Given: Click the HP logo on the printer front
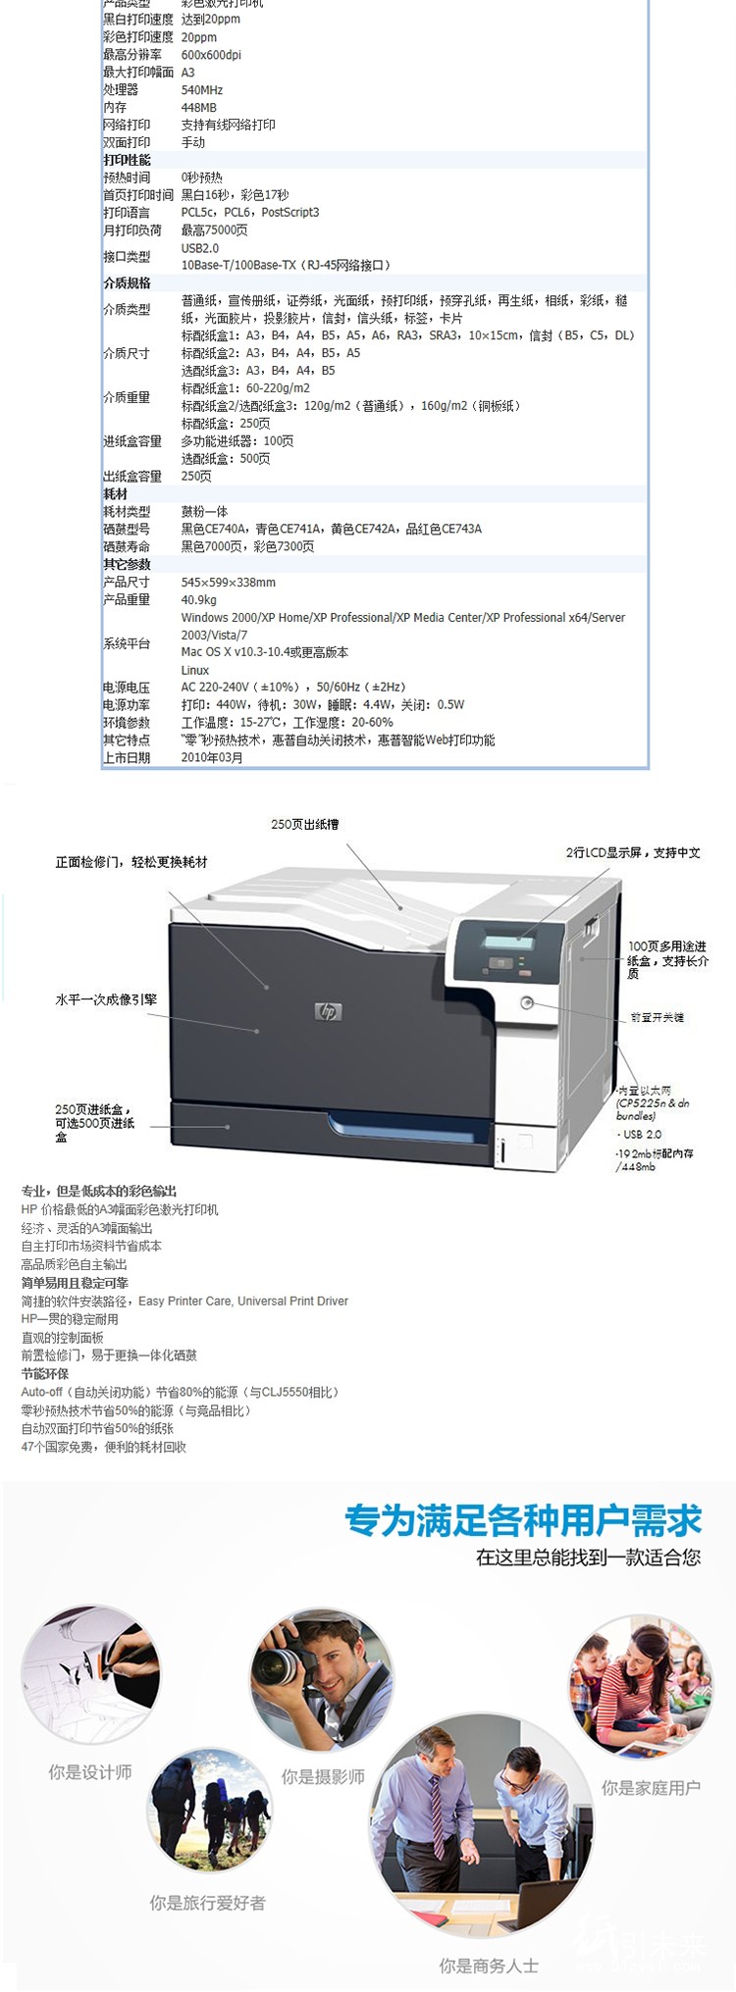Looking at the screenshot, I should click(329, 1011).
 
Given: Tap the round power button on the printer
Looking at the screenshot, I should click(527, 1002).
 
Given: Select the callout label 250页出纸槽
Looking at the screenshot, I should click(305, 825).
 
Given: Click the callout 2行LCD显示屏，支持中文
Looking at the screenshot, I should click(633, 852).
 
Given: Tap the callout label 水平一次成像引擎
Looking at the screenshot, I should click(106, 999).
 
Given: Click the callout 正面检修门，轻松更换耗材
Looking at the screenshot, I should click(131, 862).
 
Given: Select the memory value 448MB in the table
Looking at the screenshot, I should click(199, 107).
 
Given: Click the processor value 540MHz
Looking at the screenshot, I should click(202, 89).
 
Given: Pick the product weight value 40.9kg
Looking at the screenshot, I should click(199, 599).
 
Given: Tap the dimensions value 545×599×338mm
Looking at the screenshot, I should click(229, 582).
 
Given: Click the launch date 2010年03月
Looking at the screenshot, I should click(212, 757).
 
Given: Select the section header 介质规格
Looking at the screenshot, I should click(128, 282).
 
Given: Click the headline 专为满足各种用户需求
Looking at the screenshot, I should click(523, 1521).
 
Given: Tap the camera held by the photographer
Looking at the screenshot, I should click(278, 1664).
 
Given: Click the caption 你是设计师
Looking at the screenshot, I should click(90, 1772).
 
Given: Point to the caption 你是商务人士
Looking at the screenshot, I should click(489, 1965).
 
